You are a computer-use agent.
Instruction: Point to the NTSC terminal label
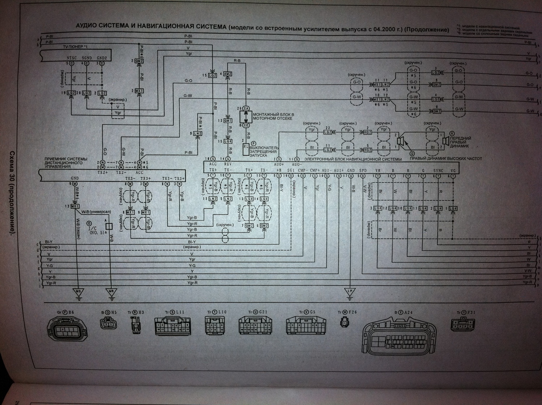click(x=72, y=58)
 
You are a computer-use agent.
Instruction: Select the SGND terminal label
click(x=87, y=58)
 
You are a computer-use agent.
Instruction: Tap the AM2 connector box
click(x=227, y=74)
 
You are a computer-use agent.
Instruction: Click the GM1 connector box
click(x=228, y=121)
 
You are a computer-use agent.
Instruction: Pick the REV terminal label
click(x=228, y=164)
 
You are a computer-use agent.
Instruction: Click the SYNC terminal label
click(x=438, y=170)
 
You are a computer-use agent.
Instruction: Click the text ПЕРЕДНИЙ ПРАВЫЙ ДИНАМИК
click(x=461, y=141)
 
